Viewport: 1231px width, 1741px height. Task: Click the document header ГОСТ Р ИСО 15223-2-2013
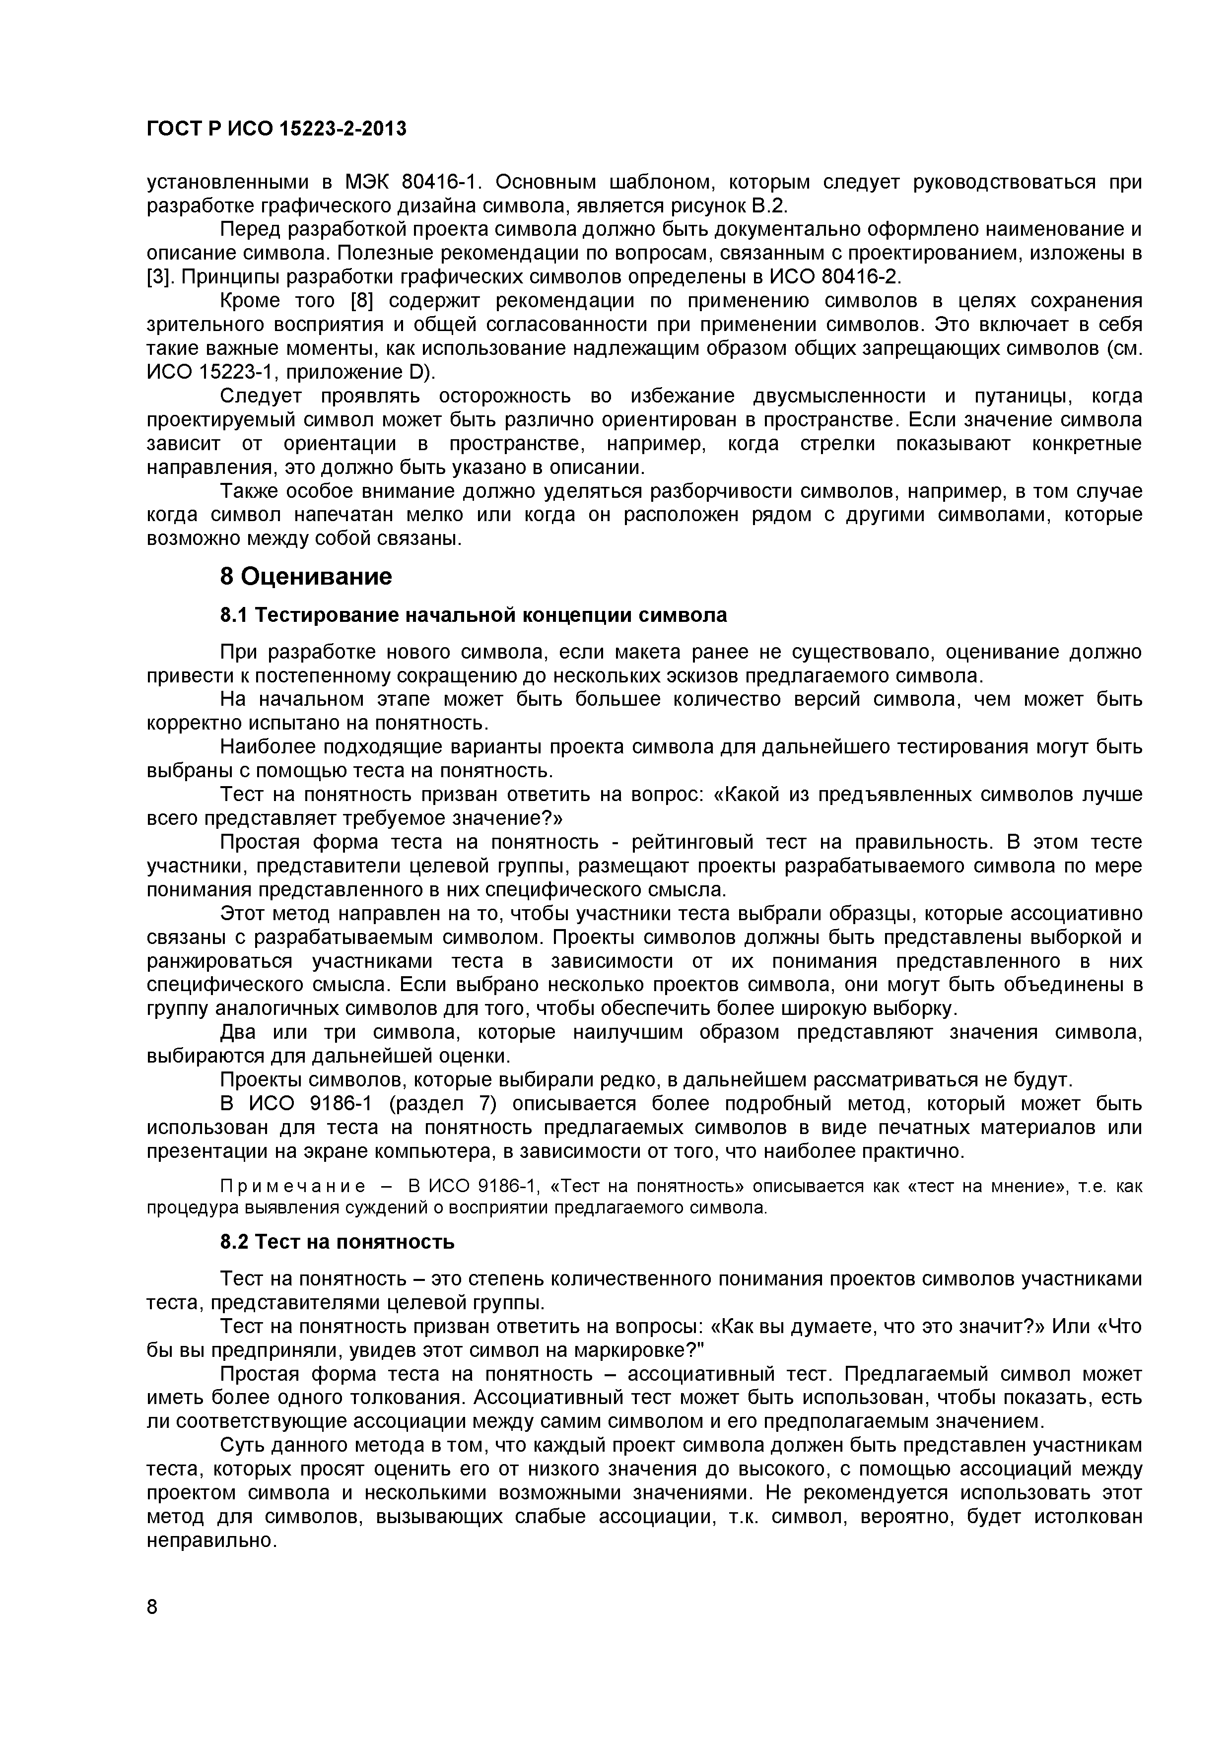[x=276, y=129]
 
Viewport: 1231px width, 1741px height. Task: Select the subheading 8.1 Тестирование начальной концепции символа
[x=473, y=615]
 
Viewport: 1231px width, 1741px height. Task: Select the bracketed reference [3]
[x=156, y=277]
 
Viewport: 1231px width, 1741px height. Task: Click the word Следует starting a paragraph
[x=260, y=397]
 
